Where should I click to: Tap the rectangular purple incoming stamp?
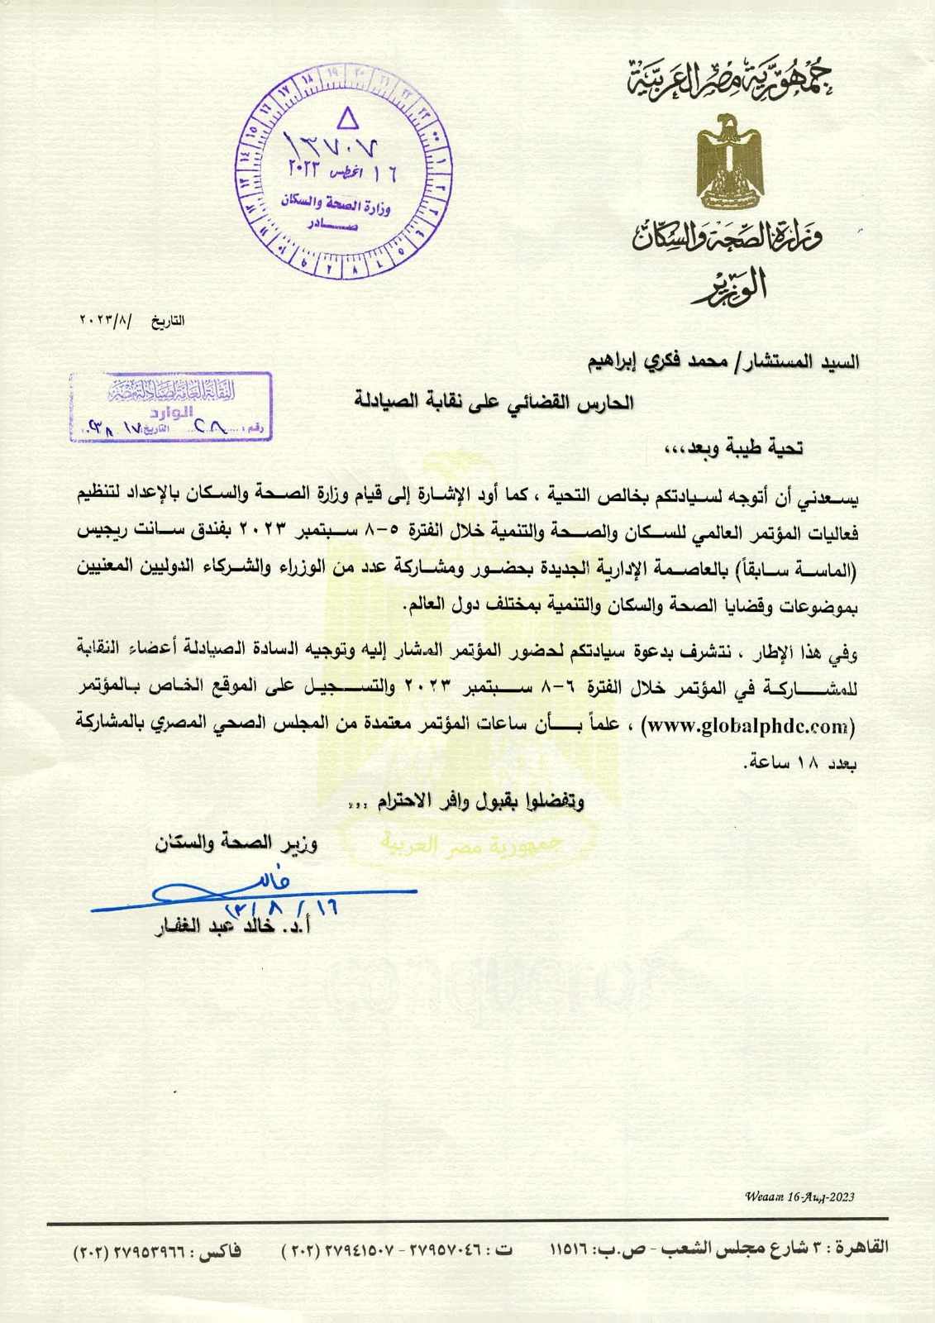click(x=172, y=406)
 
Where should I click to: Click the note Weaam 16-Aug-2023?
click(x=799, y=1196)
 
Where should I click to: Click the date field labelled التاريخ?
click(x=132, y=319)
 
